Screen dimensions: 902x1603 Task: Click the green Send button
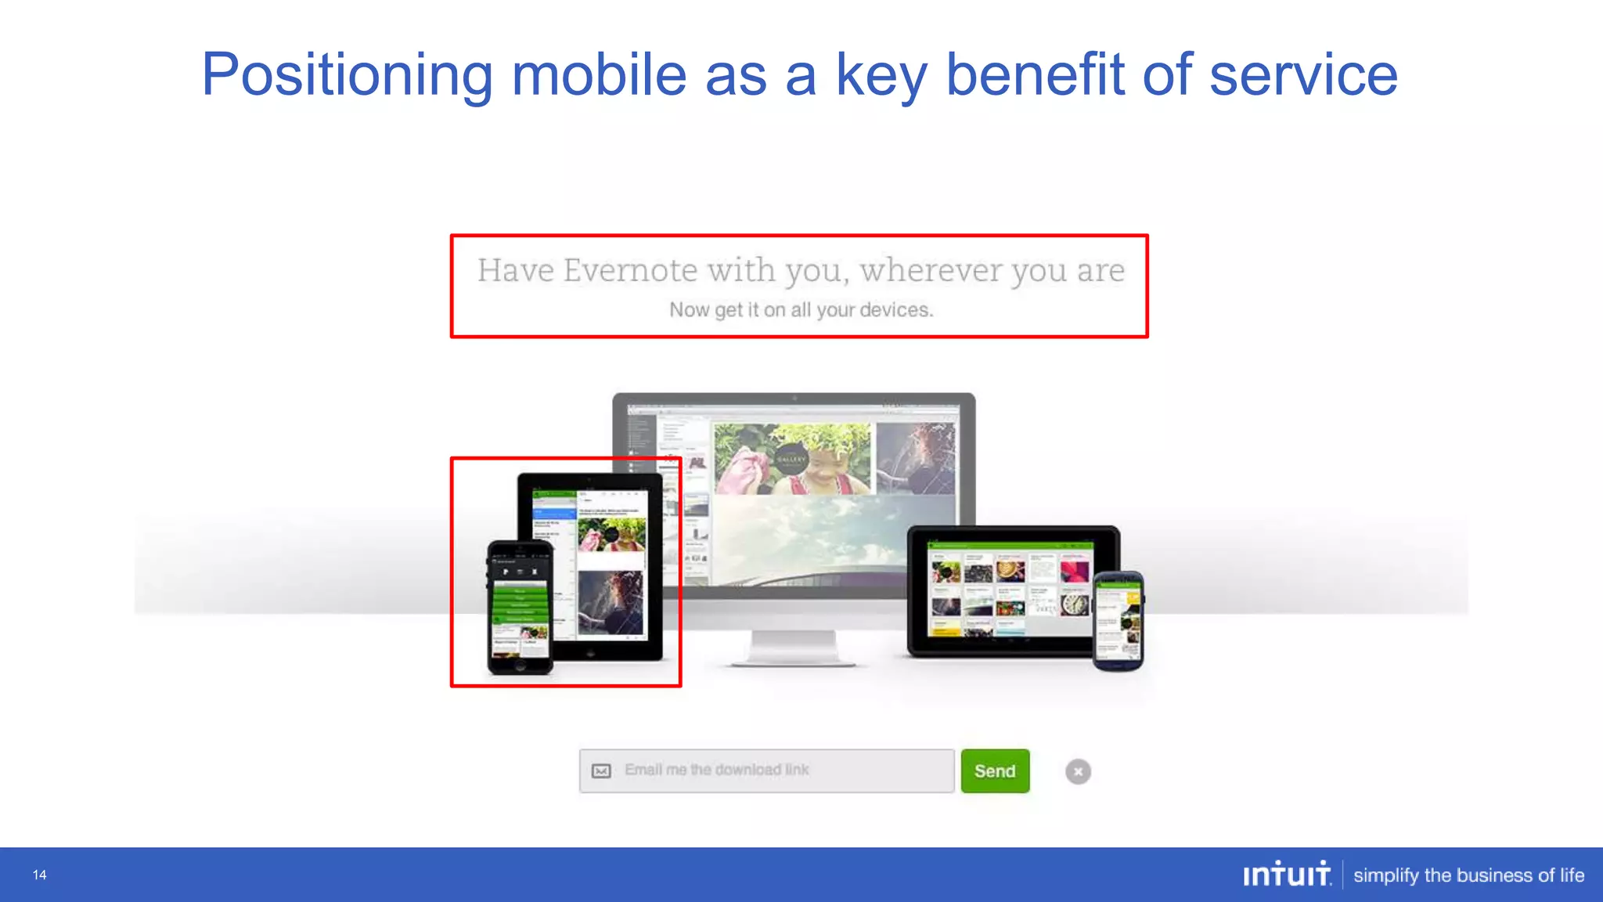coord(995,771)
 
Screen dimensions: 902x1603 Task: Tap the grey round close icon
coord(1078,772)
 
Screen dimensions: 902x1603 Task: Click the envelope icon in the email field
coord(601,771)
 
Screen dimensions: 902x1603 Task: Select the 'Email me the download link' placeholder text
coord(716,770)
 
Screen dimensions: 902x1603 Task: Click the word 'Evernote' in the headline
coord(630,271)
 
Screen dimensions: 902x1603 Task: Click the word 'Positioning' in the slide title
coord(347,75)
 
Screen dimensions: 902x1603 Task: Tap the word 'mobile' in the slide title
coord(599,75)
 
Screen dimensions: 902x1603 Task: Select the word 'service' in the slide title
coord(1303,75)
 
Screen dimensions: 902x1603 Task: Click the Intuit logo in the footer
coord(1287,875)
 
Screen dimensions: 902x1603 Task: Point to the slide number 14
coord(40,875)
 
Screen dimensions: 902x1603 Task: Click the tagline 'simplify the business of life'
coord(1468,875)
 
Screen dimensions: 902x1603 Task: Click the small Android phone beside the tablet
coord(1118,620)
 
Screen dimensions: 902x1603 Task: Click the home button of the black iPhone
coord(520,667)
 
